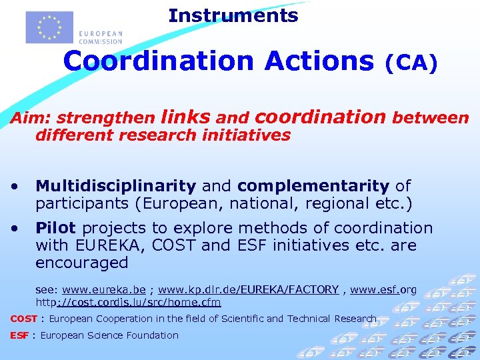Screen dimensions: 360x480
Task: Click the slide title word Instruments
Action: (233, 15)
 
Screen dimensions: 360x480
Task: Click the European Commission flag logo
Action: (49, 27)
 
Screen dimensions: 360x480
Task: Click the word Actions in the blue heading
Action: (319, 61)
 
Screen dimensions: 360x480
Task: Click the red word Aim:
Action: (31, 119)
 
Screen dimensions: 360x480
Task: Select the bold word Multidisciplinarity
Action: (115, 185)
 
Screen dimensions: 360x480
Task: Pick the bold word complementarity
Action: (313, 185)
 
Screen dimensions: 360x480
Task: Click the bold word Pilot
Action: (55, 228)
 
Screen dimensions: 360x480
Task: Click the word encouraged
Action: (81, 263)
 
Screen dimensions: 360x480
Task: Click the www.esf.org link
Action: (383, 289)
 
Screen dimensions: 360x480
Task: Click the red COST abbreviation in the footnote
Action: (23, 319)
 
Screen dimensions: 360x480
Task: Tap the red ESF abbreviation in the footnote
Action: (19, 335)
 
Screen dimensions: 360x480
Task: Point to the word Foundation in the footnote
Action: (154, 335)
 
